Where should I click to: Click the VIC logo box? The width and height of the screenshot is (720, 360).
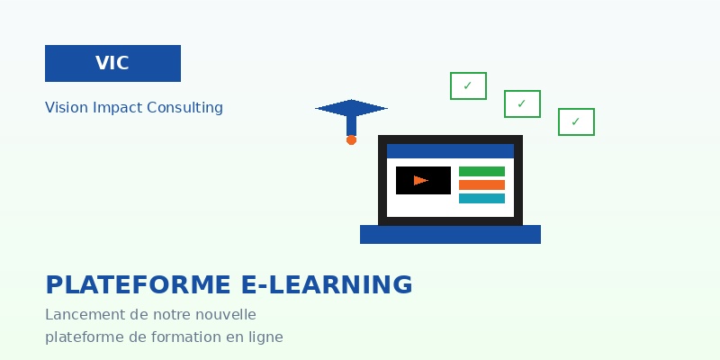112,63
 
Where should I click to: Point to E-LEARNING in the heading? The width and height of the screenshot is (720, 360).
328,285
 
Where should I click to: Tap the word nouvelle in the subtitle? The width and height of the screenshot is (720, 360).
224,315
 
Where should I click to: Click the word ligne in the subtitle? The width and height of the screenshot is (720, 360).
265,337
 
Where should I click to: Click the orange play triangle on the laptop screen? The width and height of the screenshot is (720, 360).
420,180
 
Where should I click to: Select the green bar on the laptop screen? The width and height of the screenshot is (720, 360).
481,171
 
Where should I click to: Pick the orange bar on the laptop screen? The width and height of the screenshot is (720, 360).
481,184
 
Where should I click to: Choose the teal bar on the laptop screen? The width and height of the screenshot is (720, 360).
481,198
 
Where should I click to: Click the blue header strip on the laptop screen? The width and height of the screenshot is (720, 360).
450,150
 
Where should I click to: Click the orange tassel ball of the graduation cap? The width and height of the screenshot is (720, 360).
351,139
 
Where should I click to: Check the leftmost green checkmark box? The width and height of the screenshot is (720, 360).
468,85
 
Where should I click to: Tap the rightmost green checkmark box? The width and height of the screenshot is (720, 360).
576,121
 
